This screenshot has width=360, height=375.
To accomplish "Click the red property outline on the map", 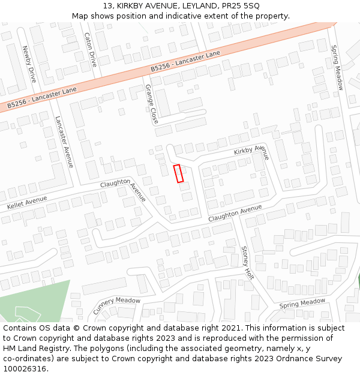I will tap(178, 173).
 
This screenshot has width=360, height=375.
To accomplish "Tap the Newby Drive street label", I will tap(29, 64).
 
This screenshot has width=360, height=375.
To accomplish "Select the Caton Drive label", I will tap(90, 49).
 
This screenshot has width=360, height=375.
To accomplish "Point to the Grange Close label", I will tap(151, 104).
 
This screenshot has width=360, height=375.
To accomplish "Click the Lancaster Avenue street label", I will tap(64, 142).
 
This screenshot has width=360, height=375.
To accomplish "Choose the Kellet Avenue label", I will tap(26, 202).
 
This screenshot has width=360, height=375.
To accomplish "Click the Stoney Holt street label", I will tap(247, 262).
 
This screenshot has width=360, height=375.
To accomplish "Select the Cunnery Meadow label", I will tap(116, 305).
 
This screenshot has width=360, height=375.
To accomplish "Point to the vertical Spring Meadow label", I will tap(337, 68).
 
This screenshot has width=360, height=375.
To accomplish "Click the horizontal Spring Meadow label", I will tap(302, 304).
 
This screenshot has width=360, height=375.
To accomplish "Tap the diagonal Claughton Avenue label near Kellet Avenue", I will tap(124, 189).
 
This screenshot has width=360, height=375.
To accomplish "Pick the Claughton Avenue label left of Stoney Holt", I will tap(235, 213).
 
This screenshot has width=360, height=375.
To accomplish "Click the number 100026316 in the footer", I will tap(25, 368).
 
